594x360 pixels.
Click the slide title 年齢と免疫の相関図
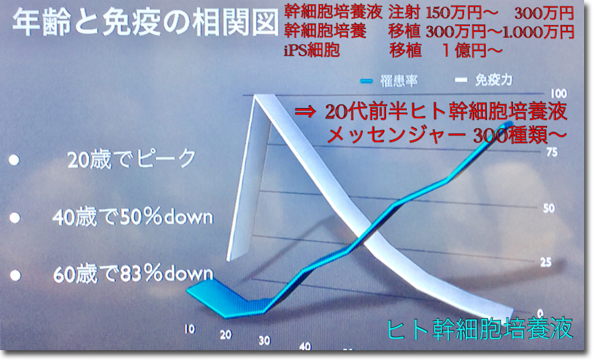click(145, 23)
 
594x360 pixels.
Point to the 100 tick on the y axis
click(559, 93)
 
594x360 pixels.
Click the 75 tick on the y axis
click(552, 152)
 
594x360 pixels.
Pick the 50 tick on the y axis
click(549, 208)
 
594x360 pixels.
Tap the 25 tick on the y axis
click(546, 262)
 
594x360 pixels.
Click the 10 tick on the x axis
click(190, 329)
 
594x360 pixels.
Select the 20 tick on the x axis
click(226, 334)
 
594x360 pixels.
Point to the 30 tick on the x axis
click(264, 340)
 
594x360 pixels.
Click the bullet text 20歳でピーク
click(132, 159)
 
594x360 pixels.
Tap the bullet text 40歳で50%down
click(133, 217)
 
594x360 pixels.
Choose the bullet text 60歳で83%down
click(133, 274)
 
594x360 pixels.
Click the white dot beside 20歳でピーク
click(14, 160)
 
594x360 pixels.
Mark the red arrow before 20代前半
click(305, 112)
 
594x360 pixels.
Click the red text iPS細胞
click(312, 50)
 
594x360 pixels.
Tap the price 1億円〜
click(473, 50)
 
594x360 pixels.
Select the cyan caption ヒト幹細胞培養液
click(480, 328)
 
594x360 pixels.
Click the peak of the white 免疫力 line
click(256, 96)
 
